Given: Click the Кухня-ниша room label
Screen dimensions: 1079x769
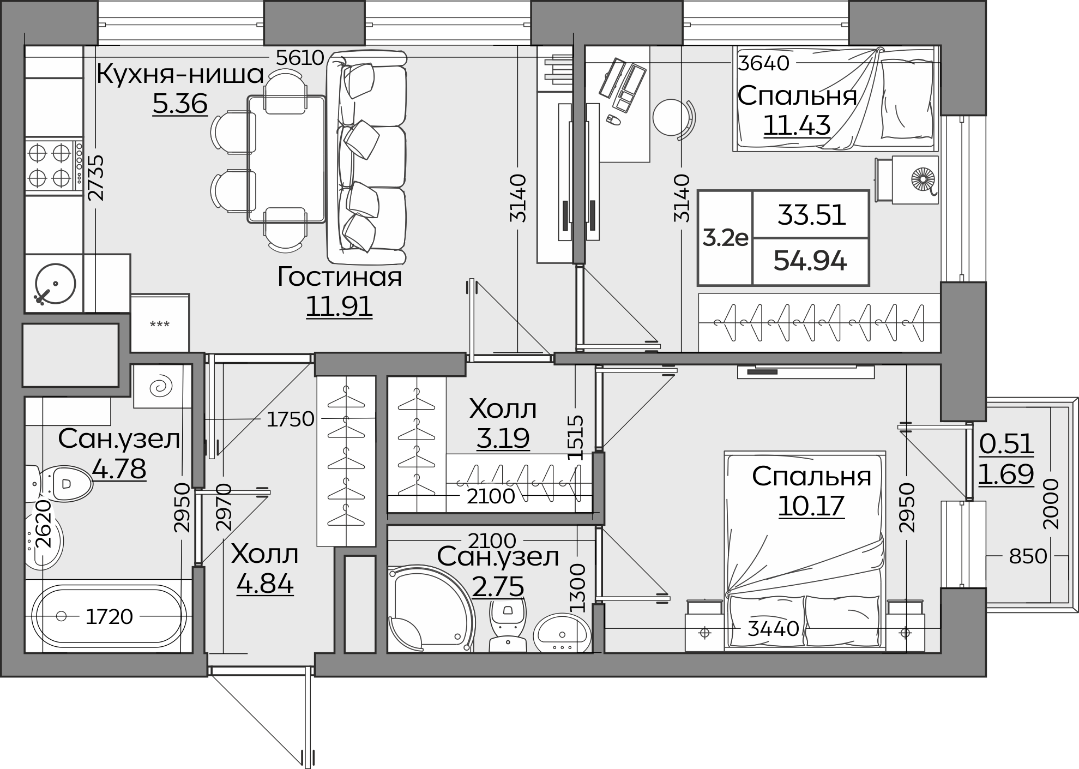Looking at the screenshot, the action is (180, 74).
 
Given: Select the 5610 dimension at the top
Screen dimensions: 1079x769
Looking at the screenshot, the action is (300, 57).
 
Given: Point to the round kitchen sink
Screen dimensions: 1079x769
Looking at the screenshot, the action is (55, 284).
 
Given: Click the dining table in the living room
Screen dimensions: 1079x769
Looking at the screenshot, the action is (286, 159).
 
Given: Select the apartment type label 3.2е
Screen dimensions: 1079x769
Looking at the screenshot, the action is (725, 238).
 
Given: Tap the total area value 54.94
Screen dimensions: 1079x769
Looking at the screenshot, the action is (810, 261).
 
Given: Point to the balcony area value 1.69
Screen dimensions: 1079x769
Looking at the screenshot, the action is (1006, 474).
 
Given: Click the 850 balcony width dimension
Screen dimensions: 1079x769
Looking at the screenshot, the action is (1028, 556).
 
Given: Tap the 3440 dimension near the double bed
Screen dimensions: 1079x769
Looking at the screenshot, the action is (773, 629).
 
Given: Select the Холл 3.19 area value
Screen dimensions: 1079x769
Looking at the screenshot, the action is (503, 437).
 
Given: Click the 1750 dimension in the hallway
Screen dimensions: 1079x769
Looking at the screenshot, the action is (291, 419).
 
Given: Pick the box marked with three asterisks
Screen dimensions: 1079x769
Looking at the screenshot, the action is (160, 323).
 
